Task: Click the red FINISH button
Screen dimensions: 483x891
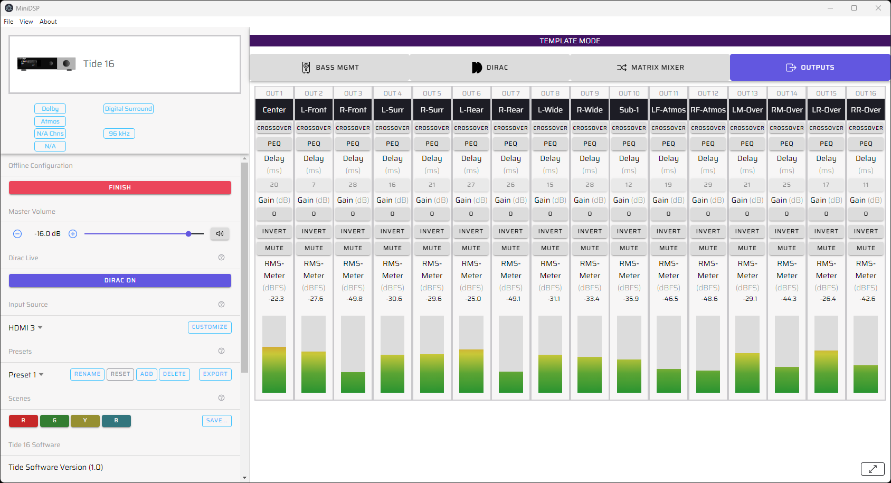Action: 120,187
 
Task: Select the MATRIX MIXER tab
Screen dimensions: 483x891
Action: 650,68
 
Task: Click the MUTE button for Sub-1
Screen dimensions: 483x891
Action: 629,248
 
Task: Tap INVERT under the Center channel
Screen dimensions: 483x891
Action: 274,231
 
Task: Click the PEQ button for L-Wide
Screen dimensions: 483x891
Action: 550,144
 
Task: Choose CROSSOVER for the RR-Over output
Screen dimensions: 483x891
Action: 866,128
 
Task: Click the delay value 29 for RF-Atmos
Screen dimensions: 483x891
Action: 708,185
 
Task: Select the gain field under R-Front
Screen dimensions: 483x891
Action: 353,214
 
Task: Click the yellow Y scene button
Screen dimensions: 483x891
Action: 85,421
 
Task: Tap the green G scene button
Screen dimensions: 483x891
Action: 54,421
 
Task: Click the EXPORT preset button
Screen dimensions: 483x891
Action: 215,374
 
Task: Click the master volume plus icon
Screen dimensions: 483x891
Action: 73,234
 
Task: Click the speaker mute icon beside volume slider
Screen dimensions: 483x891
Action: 220,233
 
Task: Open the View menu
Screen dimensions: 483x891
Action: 26,22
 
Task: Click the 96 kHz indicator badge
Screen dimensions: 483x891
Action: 119,134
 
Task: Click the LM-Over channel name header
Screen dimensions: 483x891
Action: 747,110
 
